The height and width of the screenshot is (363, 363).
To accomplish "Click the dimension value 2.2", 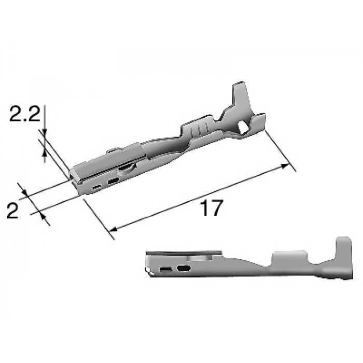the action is tap(25, 114).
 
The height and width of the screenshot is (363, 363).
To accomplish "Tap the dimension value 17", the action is tap(212, 207).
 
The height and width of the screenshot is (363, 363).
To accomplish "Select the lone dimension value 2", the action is tap(12, 211).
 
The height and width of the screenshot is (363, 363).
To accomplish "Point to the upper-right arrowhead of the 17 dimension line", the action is tap(285, 165).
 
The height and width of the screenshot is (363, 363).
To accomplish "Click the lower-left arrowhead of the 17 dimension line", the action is tap(114, 229).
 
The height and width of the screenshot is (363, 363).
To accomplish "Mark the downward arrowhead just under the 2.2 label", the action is tap(45, 132).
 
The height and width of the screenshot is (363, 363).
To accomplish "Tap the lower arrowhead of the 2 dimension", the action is tap(43, 217).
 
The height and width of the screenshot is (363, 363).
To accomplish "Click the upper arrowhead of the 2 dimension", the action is tap(24, 191).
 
